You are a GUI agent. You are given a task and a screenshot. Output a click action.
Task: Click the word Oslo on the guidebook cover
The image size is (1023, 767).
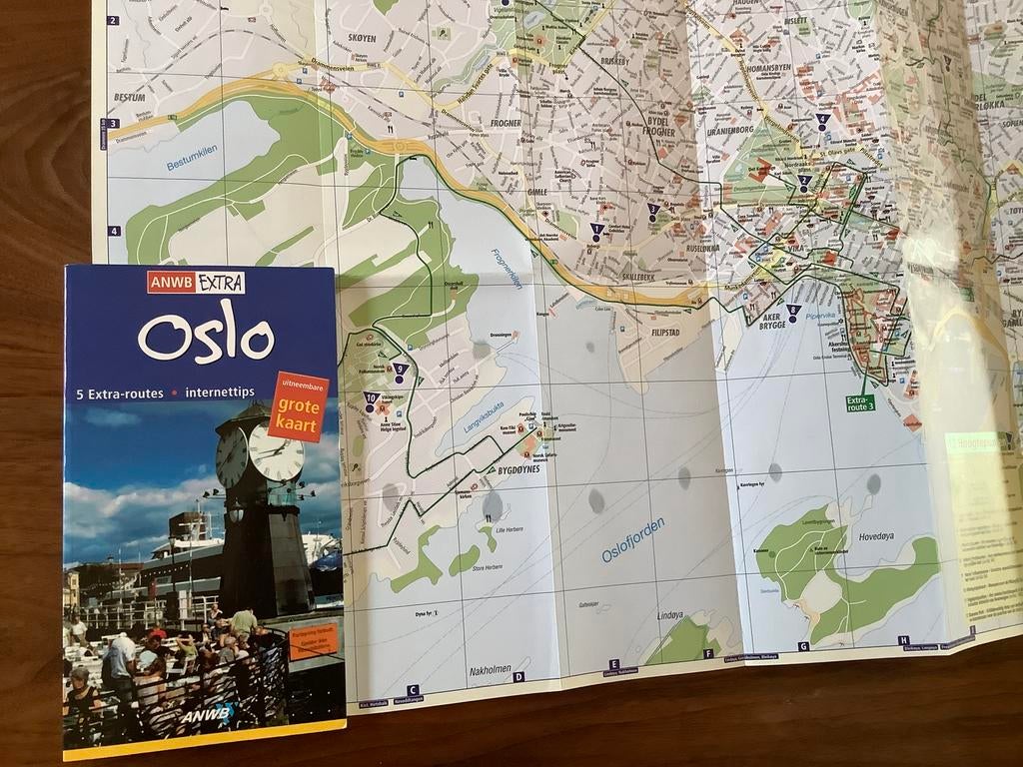click(x=205, y=337)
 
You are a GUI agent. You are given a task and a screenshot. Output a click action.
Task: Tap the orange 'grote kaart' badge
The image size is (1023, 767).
click(x=298, y=406)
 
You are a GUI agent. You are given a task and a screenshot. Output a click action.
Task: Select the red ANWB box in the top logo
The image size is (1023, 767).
click(x=171, y=283)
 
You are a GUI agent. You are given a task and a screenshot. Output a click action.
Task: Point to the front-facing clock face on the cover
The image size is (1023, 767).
click(x=276, y=452)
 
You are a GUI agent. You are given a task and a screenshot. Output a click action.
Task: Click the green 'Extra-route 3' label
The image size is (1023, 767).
click(x=860, y=402)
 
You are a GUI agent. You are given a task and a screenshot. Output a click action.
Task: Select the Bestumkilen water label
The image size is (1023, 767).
click(x=192, y=157)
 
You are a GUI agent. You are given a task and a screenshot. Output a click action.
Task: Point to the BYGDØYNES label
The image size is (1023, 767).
click(x=518, y=468)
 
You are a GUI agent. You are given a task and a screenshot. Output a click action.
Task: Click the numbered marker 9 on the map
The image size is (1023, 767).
click(x=401, y=369)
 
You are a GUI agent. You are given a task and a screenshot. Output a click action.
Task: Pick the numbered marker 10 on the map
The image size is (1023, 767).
click(x=371, y=397)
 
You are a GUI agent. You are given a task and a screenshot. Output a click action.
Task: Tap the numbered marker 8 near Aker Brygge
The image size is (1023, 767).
click(x=792, y=311)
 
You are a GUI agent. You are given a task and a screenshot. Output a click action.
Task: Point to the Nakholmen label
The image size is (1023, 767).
click(x=491, y=671)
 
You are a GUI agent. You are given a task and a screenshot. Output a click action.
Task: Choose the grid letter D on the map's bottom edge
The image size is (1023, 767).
click(x=518, y=676)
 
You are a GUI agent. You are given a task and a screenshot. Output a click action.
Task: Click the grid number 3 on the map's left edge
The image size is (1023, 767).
click(x=113, y=124)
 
